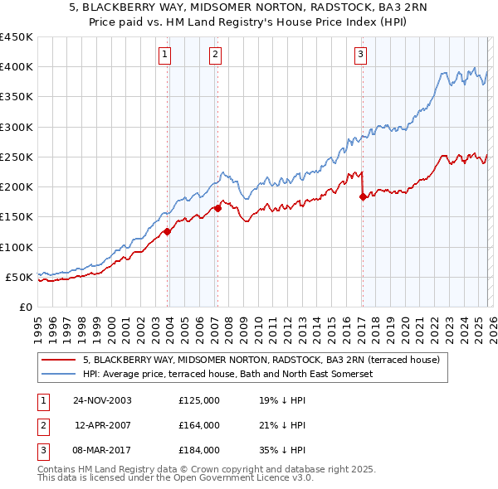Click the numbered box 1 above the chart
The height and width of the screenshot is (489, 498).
[165, 56]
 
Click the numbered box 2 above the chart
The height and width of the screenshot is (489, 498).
[215, 56]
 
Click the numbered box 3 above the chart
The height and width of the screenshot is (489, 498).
[361, 56]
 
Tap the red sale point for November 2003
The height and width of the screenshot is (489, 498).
[167, 232]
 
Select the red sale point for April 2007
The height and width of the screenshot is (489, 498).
[217, 209]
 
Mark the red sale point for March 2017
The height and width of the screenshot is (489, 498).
[363, 196]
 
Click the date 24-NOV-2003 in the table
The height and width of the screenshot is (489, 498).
[102, 400]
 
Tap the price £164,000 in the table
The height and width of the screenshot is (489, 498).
[199, 425]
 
